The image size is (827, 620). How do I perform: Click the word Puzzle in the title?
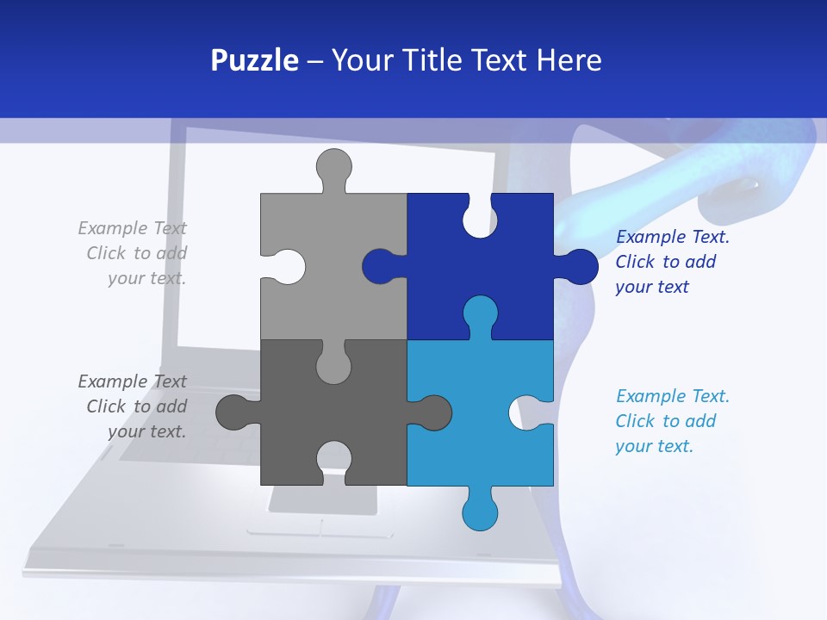pyautogui.click(x=255, y=60)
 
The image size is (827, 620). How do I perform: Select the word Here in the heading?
pyautogui.click(x=569, y=60)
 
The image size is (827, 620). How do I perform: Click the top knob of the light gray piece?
pyautogui.click(x=333, y=165)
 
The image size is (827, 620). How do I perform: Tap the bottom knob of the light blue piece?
pyautogui.click(x=480, y=513)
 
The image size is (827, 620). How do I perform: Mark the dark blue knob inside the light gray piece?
pyautogui.click(x=379, y=266)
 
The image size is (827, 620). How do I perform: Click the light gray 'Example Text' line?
pyautogui.click(x=132, y=228)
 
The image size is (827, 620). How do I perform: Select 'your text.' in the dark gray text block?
pyautogui.click(x=146, y=431)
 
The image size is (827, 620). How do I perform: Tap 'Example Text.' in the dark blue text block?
pyautogui.click(x=673, y=237)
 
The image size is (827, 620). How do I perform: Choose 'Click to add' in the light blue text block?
pyautogui.click(x=665, y=421)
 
